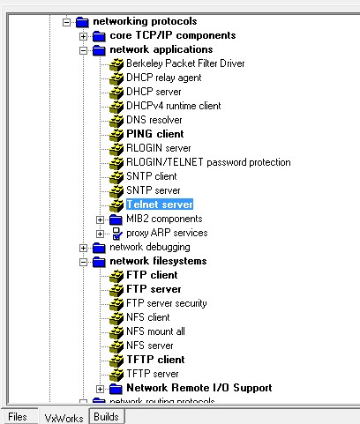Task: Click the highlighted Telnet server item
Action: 160,205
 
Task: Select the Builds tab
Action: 106,417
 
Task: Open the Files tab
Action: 18,417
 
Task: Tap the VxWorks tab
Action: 64,418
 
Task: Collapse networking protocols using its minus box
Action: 67,22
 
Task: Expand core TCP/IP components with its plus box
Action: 84,36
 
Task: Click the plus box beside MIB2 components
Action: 101,219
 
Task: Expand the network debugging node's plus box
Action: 84,248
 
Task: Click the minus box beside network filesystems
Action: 84,262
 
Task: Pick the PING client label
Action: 155,134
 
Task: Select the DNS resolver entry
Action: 154,120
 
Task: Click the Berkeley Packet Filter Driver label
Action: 185,63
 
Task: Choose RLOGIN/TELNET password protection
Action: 208,162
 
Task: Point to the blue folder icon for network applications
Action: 99,50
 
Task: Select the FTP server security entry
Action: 167,303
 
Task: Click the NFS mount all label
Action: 155,331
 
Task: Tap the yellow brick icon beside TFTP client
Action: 116,361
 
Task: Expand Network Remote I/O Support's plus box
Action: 101,389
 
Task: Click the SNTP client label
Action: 152,176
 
